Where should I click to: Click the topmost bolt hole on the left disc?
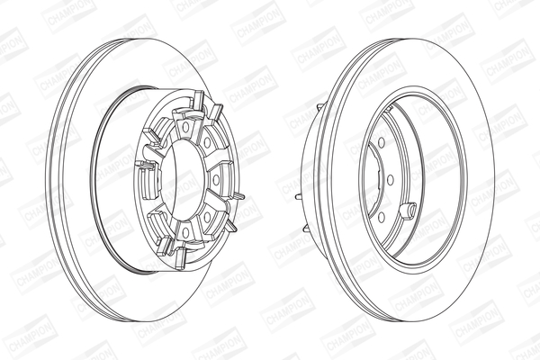pyautogui.click(x=185, y=128)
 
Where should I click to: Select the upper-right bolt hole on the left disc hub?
pyautogui.click(x=207, y=143)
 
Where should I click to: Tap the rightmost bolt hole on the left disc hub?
pyautogui.click(x=216, y=180)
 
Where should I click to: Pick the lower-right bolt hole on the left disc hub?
pyautogui.click(x=207, y=217)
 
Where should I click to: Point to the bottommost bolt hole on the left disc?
pyautogui.click(x=185, y=233)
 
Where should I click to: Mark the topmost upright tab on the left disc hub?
pyautogui.click(x=198, y=101)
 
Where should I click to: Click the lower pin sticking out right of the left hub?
pyautogui.click(x=230, y=226)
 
